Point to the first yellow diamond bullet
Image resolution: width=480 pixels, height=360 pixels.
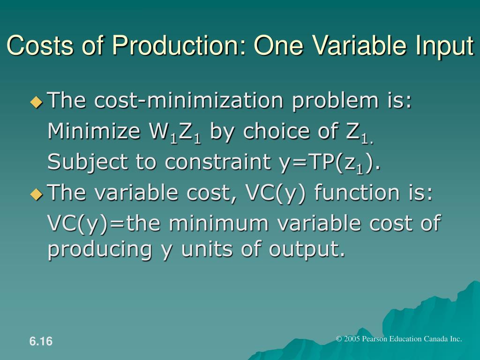click(36, 102)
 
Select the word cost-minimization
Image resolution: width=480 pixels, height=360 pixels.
click(191, 101)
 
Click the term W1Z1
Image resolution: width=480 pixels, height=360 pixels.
click(174, 133)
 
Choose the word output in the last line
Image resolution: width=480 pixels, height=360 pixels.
click(303, 249)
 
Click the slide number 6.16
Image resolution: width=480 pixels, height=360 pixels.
click(41, 342)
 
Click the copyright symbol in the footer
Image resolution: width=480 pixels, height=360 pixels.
click(339, 339)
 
